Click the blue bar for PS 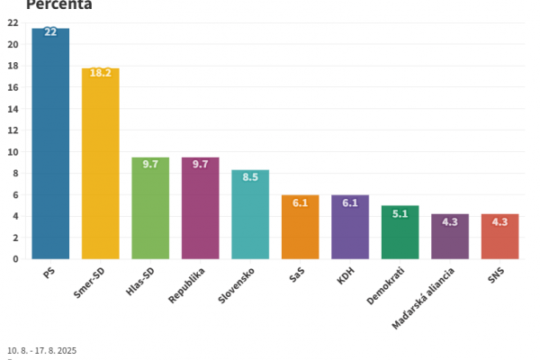[50, 144]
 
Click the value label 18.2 [100, 74]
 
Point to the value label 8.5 [250, 176]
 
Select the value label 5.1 [400, 213]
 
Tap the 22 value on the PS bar [50, 32]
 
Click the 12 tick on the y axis [13, 130]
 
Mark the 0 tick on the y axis [15, 259]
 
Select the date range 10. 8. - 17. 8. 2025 [42, 350]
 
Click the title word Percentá [59, 4]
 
